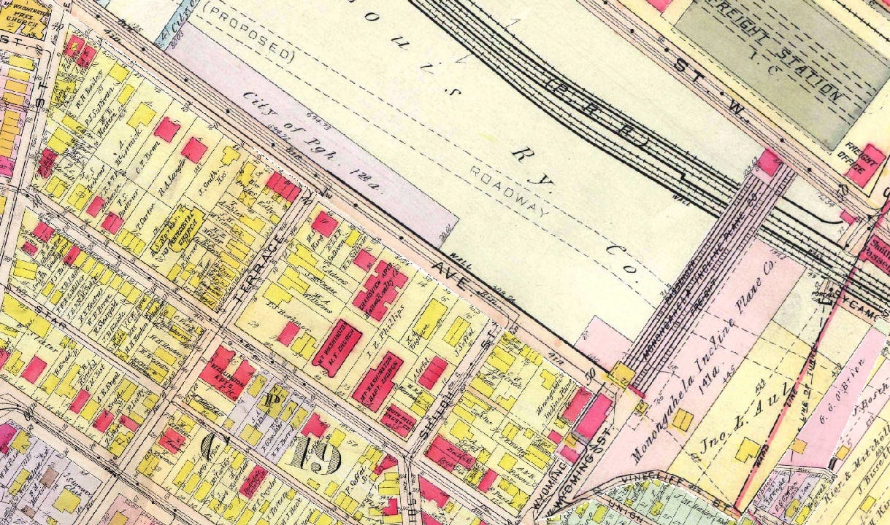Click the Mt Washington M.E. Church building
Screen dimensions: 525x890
(337, 347)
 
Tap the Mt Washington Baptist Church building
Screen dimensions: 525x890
(377, 381)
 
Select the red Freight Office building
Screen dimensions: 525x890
(866, 165)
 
